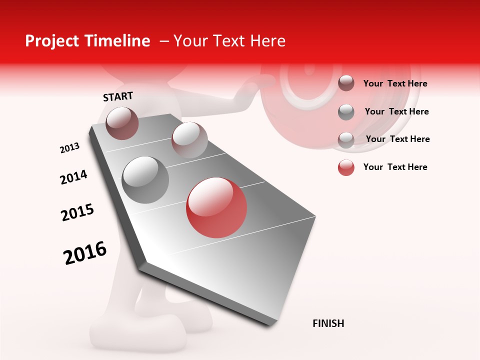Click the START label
(x=118, y=96)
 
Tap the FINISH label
(x=328, y=323)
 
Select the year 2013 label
(x=70, y=148)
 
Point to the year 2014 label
(x=73, y=177)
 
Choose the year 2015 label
(x=77, y=212)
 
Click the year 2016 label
(x=85, y=252)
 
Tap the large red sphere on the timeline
(x=216, y=207)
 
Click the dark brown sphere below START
(x=122, y=123)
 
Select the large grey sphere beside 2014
(x=145, y=180)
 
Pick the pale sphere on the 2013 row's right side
(x=189, y=139)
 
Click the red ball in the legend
(x=346, y=167)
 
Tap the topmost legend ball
(x=346, y=83)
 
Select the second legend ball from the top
(x=346, y=112)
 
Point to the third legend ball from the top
(x=346, y=139)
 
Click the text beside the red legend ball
(x=395, y=167)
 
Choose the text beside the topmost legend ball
(x=395, y=83)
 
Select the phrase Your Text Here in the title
(x=229, y=41)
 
